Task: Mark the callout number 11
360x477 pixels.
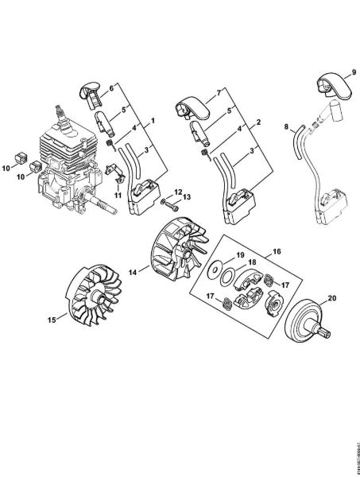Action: point(117,196)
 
